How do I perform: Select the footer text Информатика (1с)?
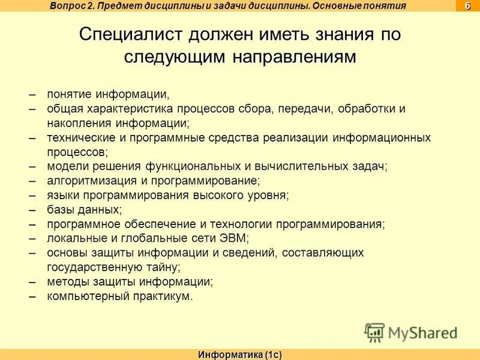pyautogui.click(x=240, y=355)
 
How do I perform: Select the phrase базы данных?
pyautogui.click(x=83, y=209)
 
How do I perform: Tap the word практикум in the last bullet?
pyautogui.click(x=161, y=296)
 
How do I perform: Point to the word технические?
pyautogui.click(x=78, y=138)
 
